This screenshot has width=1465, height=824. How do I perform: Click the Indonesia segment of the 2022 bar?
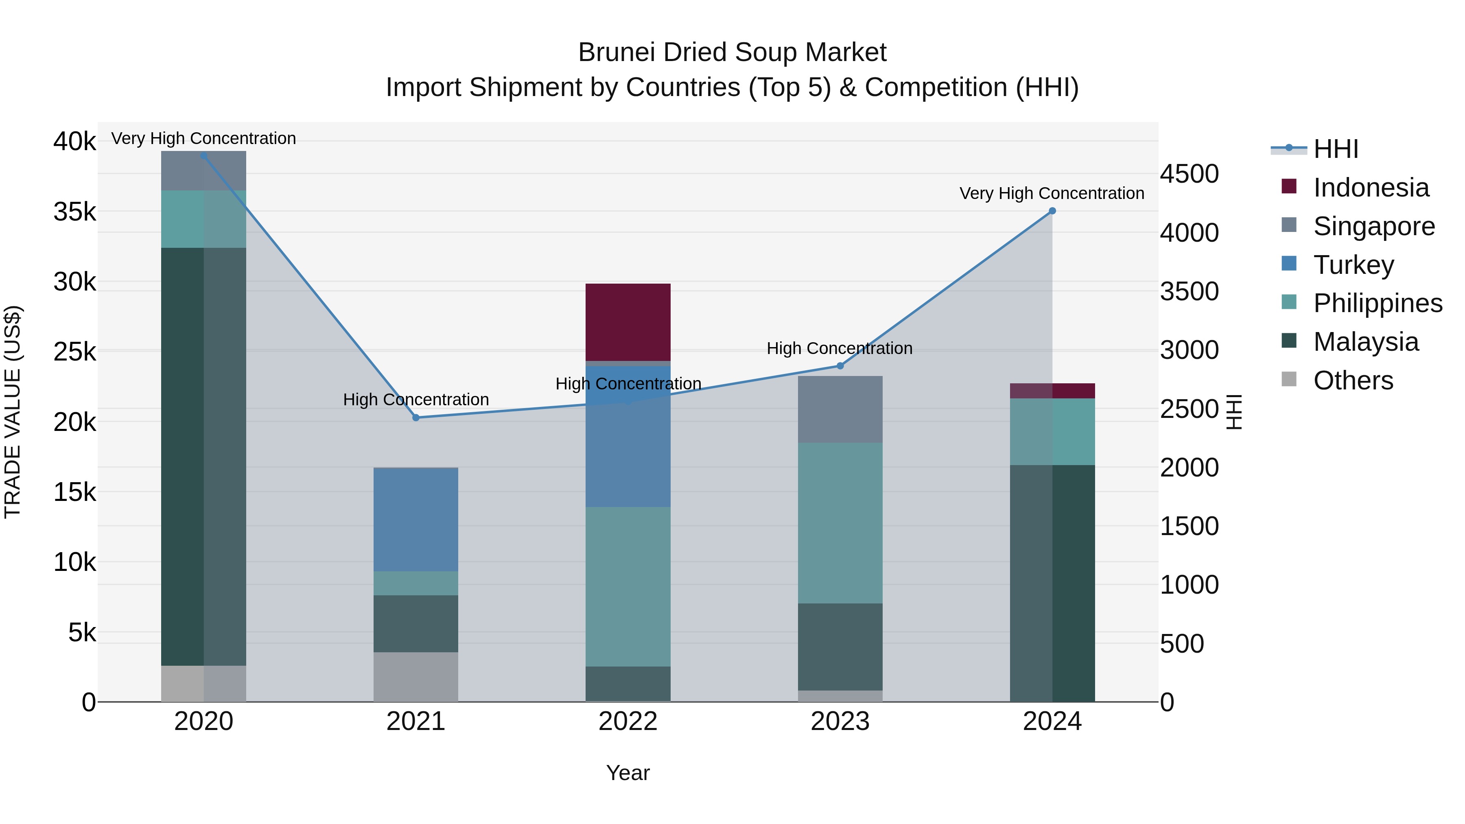(628, 322)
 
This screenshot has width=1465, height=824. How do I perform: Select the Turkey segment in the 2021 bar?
(416, 519)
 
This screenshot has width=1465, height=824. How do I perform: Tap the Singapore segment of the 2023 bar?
(840, 409)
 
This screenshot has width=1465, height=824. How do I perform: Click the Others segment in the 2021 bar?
(416, 677)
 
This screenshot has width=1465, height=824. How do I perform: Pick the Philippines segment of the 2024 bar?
(1052, 432)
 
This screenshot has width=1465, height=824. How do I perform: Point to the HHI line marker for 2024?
(1052, 211)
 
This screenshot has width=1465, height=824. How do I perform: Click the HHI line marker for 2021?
(416, 417)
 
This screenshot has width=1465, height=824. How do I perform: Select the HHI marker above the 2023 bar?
(840, 366)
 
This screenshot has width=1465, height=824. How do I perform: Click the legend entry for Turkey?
(1353, 265)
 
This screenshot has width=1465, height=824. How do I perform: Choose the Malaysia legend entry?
(1365, 342)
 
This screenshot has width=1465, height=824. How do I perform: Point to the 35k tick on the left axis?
(74, 212)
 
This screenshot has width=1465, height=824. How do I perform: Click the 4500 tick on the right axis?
(1189, 174)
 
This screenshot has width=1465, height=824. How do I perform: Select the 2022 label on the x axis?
(628, 721)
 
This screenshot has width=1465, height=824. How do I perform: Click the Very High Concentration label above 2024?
(1052, 193)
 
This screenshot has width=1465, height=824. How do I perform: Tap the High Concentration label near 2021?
(416, 400)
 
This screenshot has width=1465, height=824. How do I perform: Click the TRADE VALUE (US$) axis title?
(13, 412)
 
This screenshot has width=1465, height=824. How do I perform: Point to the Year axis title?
(628, 773)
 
